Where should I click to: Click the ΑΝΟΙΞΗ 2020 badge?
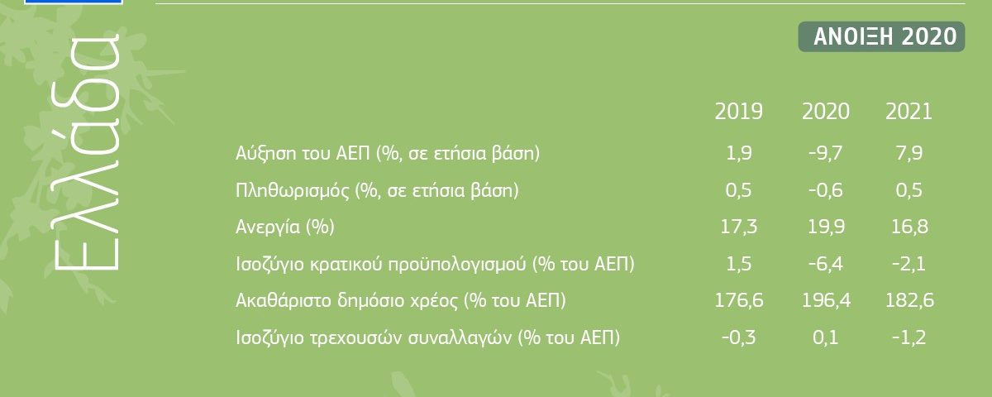coord(881,36)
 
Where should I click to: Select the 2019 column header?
coord(739,111)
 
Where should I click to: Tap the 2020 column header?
coord(826,111)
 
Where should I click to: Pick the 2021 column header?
coord(909,111)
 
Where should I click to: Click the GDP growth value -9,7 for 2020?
coord(826,153)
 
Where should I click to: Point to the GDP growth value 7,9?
coord(909,153)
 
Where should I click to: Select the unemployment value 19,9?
coord(827,227)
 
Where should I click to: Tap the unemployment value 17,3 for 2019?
coord(739,227)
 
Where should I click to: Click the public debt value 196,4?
coord(827,300)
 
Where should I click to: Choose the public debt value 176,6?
coord(739,300)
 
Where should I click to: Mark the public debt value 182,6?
coord(909,300)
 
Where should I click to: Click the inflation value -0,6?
coord(826,190)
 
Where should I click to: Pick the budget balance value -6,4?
coord(826,264)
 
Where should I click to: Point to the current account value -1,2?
coord(909,338)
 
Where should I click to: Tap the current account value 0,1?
coord(826,338)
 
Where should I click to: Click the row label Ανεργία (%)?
coord(285,227)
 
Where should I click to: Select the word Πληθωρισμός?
coord(293,191)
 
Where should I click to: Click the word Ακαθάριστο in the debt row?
coord(284,300)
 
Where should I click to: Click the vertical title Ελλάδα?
coord(87,151)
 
